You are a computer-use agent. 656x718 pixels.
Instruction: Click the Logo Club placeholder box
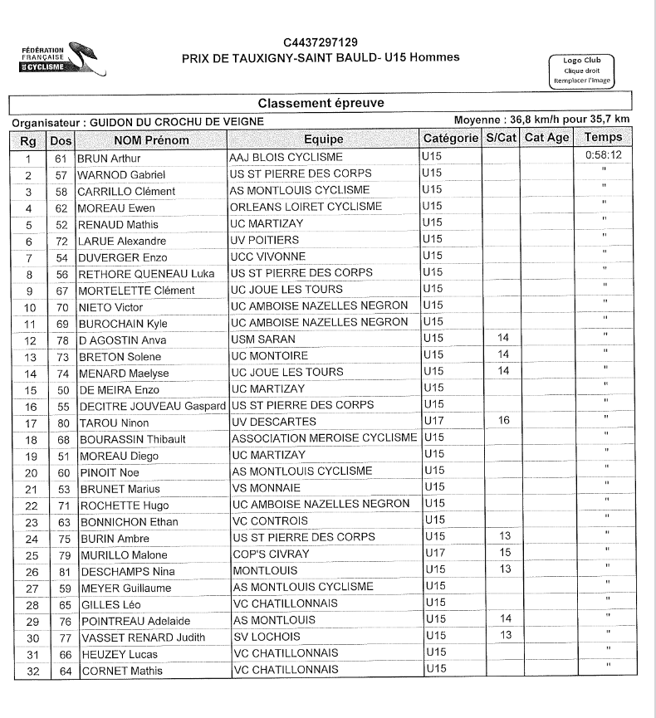click(x=582, y=71)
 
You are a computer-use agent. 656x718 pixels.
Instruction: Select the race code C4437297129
click(x=321, y=42)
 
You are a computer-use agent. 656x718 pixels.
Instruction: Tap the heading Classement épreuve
click(x=321, y=103)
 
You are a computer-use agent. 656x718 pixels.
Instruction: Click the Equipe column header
click(x=323, y=139)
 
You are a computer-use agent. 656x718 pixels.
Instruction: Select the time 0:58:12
click(x=603, y=155)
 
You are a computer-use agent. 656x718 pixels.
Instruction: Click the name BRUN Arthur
click(x=110, y=158)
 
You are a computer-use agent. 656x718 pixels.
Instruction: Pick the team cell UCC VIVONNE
click(x=267, y=256)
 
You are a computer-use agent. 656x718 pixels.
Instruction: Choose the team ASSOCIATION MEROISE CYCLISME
click(x=324, y=437)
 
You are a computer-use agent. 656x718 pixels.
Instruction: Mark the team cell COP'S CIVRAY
click(x=271, y=554)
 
